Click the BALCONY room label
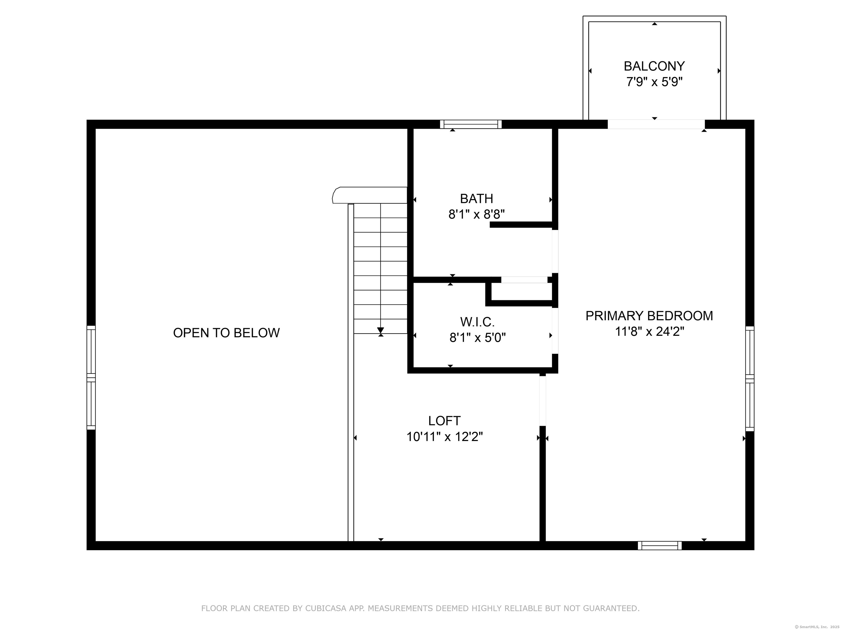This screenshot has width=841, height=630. [654, 66]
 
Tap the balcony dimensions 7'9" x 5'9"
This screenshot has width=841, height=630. [654, 82]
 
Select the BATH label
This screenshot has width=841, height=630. [476, 199]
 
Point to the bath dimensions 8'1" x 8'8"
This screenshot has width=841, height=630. [476, 215]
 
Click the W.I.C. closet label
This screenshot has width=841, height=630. [477, 322]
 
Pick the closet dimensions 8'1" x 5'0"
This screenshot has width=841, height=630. [477, 338]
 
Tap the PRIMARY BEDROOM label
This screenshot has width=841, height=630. [649, 316]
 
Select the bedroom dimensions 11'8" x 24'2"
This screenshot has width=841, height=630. [649, 331]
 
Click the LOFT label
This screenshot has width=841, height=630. [444, 421]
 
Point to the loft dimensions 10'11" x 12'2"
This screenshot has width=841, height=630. [444, 437]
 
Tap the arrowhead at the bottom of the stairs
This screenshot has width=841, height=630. [381, 330]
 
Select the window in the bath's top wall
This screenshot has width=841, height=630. [471, 124]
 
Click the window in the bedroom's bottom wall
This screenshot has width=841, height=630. [660, 546]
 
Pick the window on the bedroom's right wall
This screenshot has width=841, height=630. [749, 379]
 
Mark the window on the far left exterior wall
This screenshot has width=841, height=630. [91, 377]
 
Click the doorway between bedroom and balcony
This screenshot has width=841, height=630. [656, 124]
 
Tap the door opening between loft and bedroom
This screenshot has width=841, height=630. [543, 401]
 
